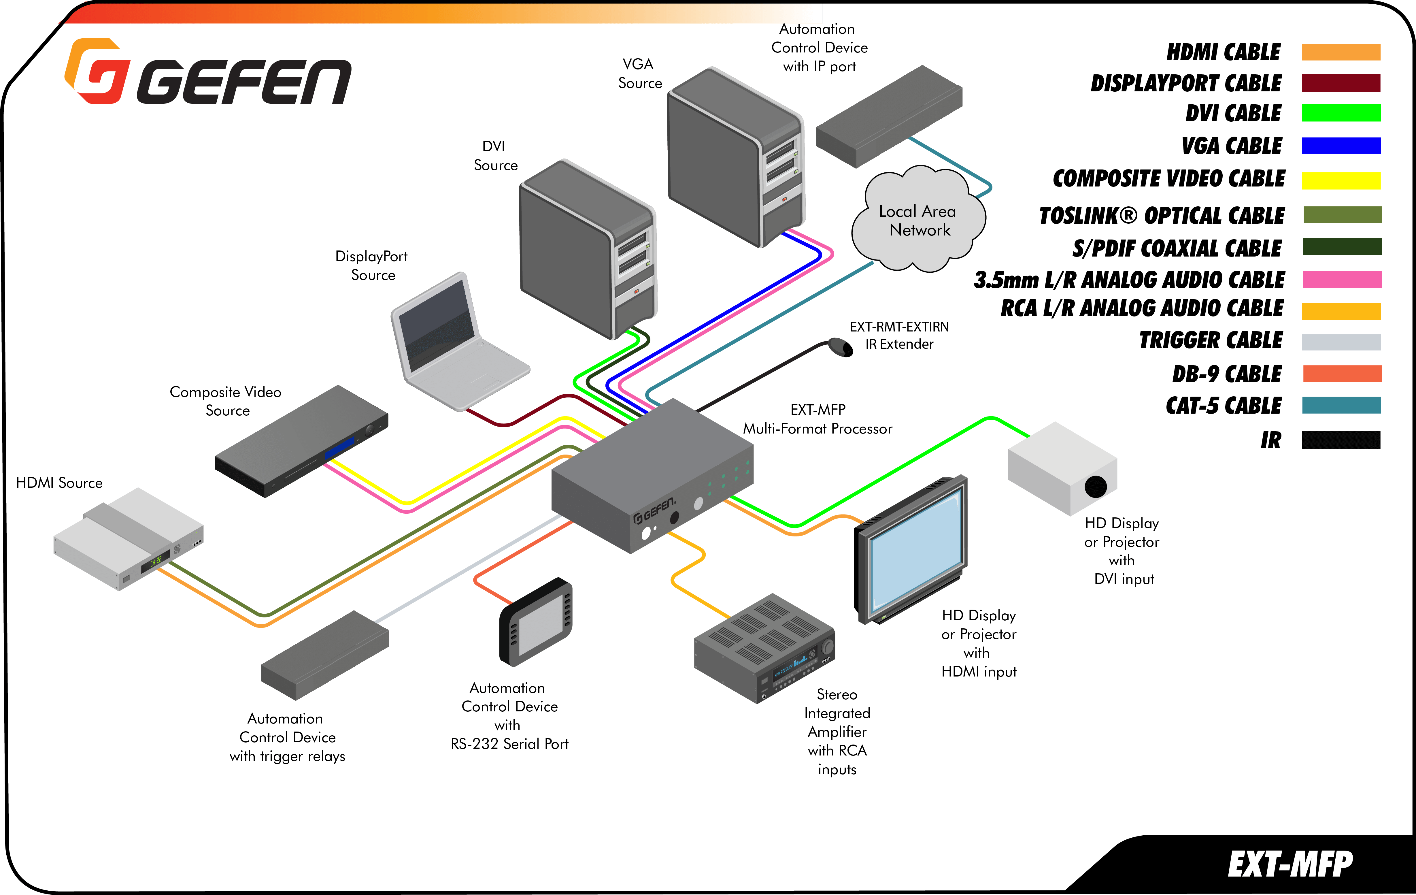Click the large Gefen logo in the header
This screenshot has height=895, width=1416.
[x=209, y=74]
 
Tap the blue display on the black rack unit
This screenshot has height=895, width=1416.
[x=340, y=447]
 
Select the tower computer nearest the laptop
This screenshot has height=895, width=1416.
[x=588, y=250]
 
